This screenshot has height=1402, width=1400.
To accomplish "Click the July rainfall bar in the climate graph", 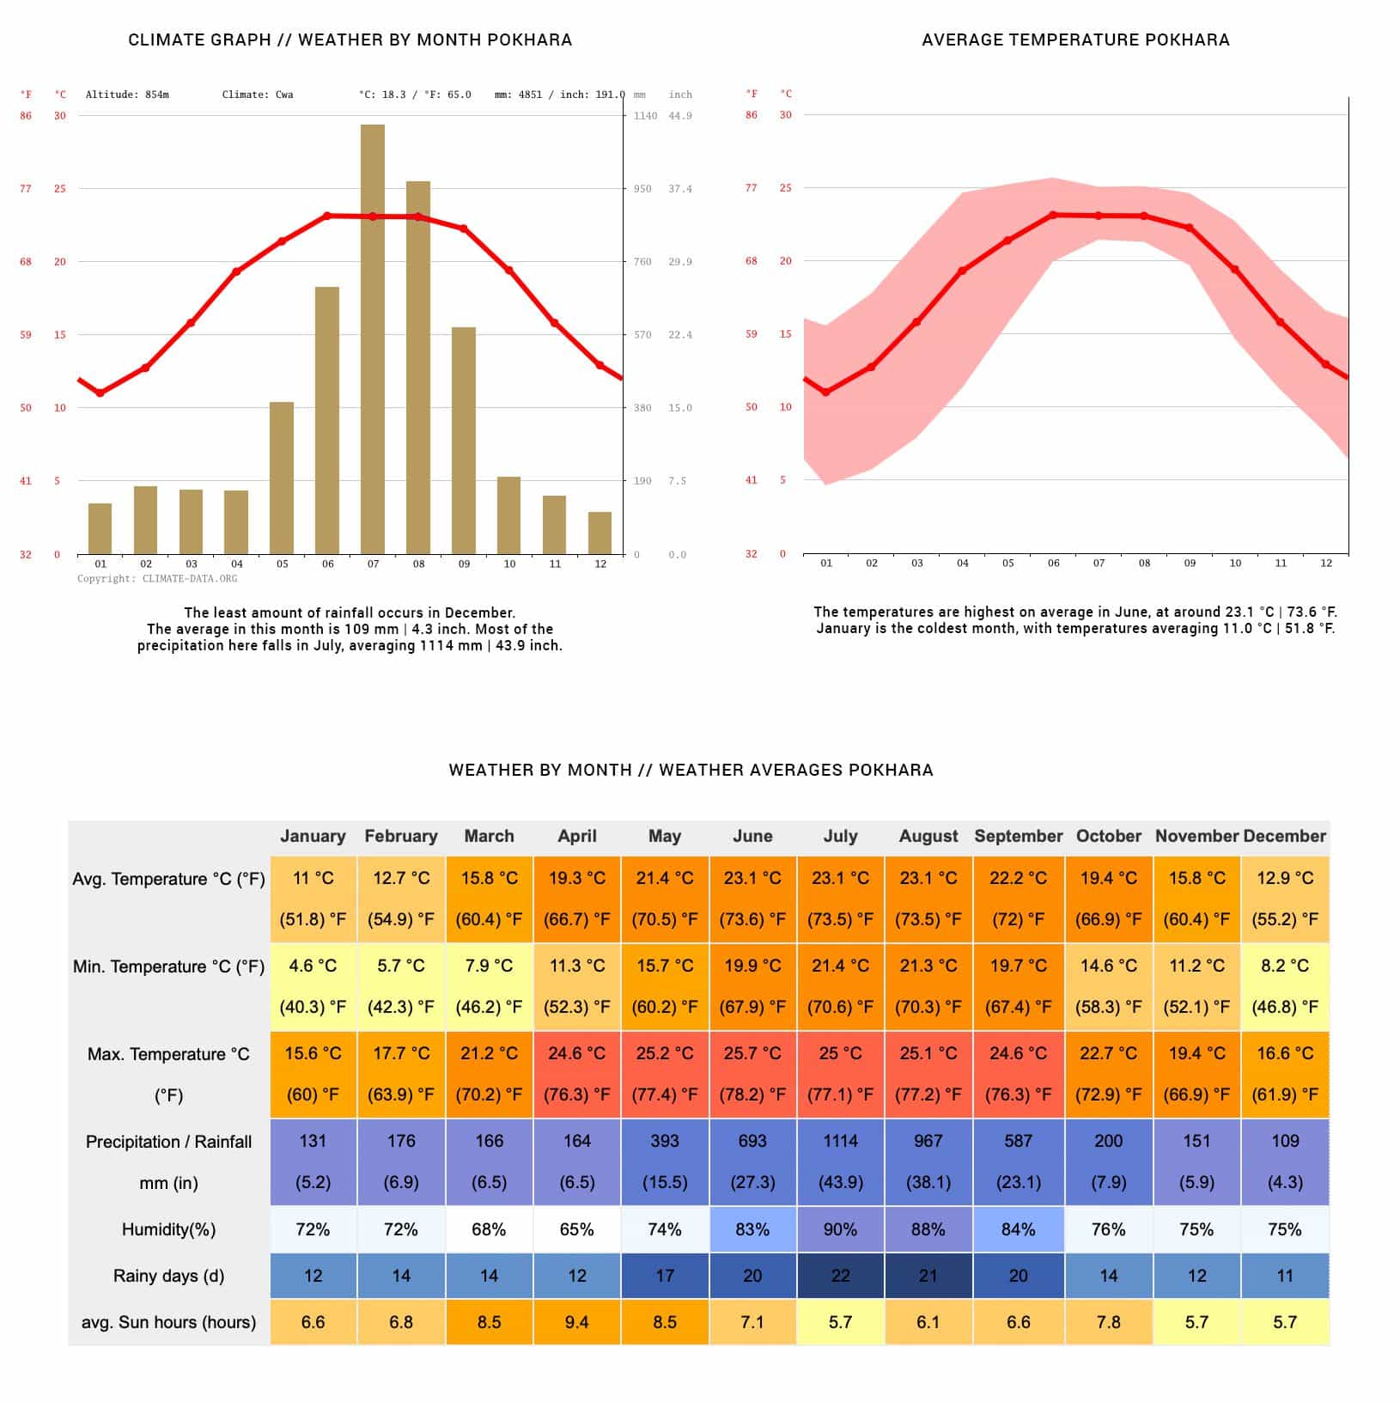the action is click(x=373, y=339).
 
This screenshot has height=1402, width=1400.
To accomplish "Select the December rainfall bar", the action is click(x=600, y=533).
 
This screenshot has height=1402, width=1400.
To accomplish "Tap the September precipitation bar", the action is click(x=464, y=441).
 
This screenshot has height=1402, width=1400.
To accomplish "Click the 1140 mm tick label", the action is click(x=645, y=116).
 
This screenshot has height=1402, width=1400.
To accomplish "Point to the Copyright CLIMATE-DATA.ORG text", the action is click(x=157, y=579).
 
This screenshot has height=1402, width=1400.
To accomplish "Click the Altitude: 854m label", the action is click(x=127, y=94).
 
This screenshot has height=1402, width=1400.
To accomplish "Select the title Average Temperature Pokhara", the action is click(x=1075, y=40).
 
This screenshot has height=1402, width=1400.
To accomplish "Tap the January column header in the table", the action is click(x=313, y=836).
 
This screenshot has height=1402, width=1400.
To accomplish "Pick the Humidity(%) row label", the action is click(x=168, y=1229).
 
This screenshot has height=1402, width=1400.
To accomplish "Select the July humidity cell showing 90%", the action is click(x=840, y=1229).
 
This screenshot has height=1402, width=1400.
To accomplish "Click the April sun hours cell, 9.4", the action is click(x=576, y=1322).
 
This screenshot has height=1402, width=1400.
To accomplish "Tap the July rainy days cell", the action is click(x=840, y=1276).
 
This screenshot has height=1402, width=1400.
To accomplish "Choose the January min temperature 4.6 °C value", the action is click(x=313, y=966).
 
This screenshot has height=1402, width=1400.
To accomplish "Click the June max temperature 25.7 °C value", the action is click(x=752, y=1053).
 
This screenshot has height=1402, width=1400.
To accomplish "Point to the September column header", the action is click(x=1018, y=836).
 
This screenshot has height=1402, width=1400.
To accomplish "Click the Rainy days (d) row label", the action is click(x=168, y=1276).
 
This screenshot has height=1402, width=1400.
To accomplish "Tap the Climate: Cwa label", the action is click(x=258, y=94).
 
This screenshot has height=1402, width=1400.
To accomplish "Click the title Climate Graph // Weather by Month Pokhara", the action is click(x=350, y=40).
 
